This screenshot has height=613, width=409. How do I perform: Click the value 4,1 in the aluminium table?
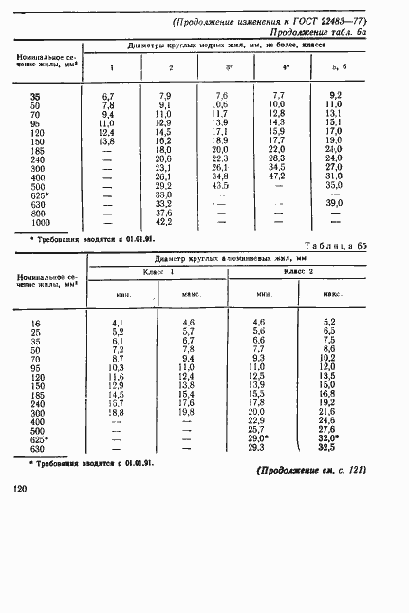pyautogui.click(x=119, y=324)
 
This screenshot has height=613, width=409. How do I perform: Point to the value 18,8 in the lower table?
pyautogui.click(x=117, y=412)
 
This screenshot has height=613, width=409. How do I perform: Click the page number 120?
pyautogui.click(x=20, y=488)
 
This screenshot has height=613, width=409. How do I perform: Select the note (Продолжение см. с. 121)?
pyautogui.click(x=310, y=470)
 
